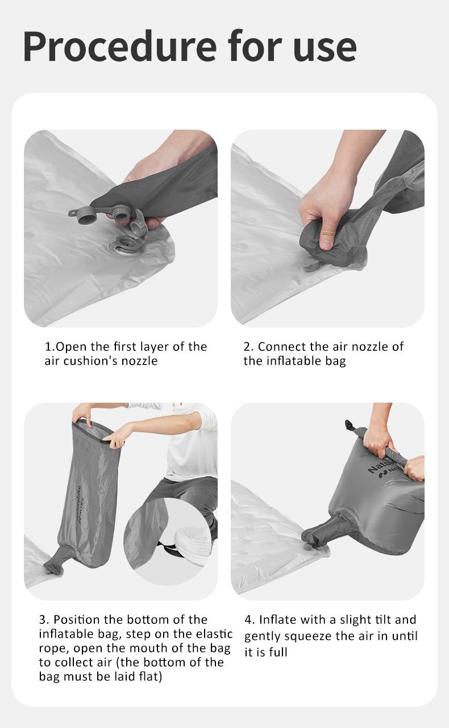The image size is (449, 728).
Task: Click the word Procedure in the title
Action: (x=119, y=47)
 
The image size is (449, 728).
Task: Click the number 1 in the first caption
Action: (x=48, y=347)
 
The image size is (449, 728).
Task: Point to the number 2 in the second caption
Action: (x=248, y=347)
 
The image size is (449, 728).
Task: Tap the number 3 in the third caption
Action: (x=43, y=620)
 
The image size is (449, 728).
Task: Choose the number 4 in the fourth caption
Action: (x=248, y=620)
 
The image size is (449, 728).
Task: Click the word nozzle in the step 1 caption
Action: (x=140, y=361)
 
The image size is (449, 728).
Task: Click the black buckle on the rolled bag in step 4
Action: (x=350, y=425)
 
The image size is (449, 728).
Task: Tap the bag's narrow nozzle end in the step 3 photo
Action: (x=54, y=561)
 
